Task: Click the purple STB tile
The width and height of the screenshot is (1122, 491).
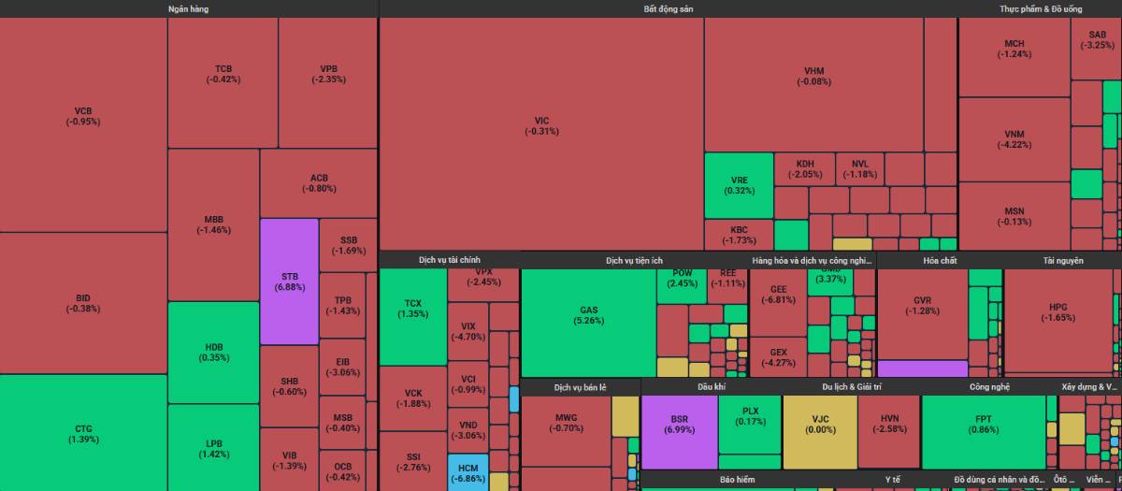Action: click(289, 282)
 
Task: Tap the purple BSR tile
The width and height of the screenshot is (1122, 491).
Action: click(679, 432)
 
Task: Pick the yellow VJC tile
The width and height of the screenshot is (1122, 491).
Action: click(819, 430)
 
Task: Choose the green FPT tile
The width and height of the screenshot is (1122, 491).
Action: click(984, 431)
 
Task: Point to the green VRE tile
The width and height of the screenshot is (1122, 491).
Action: click(739, 184)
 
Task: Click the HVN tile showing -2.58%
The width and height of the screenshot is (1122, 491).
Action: click(888, 430)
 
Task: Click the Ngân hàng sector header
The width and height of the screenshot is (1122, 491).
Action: click(188, 8)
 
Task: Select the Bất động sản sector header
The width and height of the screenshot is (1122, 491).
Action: click(668, 8)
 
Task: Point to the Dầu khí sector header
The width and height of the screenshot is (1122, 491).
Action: click(712, 386)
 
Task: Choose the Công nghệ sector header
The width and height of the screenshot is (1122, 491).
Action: click(989, 386)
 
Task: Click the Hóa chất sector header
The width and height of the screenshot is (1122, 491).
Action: click(938, 260)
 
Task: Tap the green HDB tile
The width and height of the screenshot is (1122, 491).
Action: click(213, 352)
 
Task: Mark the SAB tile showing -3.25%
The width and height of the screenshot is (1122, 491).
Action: click(1096, 39)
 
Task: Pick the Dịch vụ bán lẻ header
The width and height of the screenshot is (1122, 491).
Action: click(580, 386)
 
